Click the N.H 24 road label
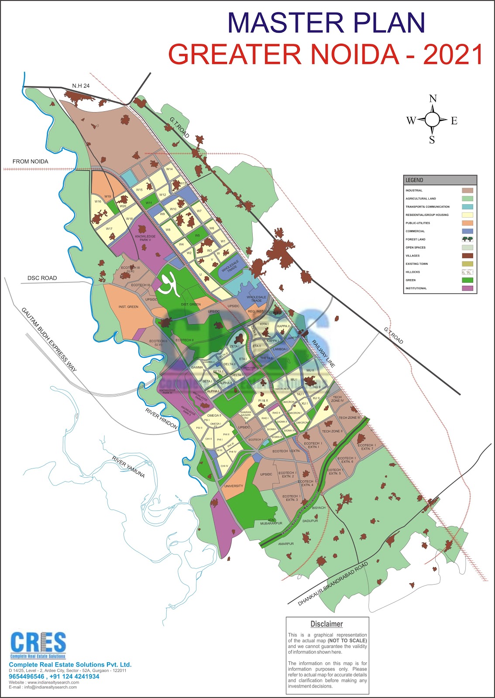point(81,86)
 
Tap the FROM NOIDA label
point(30,161)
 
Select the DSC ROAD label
point(42,278)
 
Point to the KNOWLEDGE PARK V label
point(145,238)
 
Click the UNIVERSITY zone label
point(234,486)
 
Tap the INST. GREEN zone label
point(128,307)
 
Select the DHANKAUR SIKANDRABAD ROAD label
point(333,584)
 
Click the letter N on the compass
point(433,99)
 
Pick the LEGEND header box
point(440,180)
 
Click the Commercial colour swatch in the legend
point(467,231)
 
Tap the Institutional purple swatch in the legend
point(467,288)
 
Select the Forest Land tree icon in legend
point(467,239)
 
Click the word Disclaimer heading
point(327,624)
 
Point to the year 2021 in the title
point(453,55)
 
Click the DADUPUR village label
point(310,521)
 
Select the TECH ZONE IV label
point(337,399)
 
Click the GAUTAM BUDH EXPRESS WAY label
point(49,339)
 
